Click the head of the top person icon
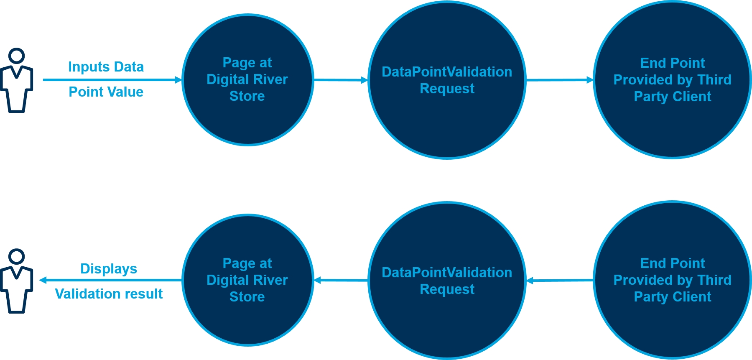[17, 56]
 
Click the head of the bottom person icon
[17, 257]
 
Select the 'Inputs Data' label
[106, 67]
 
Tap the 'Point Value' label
[106, 92]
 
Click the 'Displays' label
[109, 268]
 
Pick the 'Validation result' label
[109, 294]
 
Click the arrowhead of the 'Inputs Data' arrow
[178, 80]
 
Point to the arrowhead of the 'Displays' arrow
[43, 280]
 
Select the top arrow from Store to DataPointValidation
[340, 80]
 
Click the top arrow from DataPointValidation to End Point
[559, 80]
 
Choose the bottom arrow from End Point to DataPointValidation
[559, 281]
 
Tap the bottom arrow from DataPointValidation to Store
[340, 280]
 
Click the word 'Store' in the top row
[247, 96]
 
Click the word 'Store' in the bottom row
[247, 297]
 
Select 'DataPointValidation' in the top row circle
[447, 72]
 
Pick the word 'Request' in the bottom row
[447, 289]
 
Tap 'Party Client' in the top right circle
[672, 97]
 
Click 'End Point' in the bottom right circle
[672, 263]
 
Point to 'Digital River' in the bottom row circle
[247, 280]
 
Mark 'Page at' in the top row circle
[247, 63]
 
